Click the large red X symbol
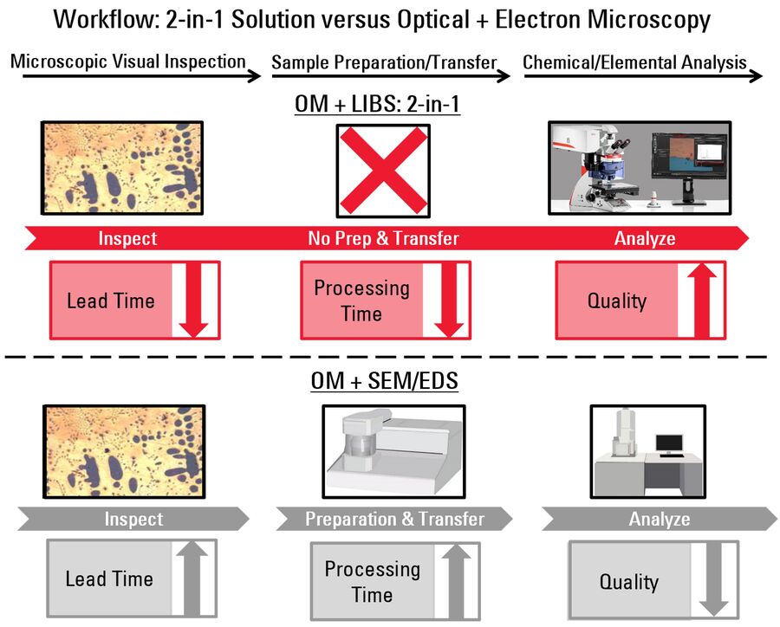click(x=384, y=171)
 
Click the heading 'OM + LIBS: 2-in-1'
click(x=377, y=104)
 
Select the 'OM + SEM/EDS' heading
click(x=385, y=381)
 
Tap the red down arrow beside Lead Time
click(x=194, y=301)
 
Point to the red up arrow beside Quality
click(x=701, y=301)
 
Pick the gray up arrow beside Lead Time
click(x=192, y=578)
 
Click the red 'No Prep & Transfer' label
click(x=383, y=238)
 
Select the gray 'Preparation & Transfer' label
click(x=394, y=519)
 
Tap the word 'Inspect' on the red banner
click(x=127, y=239)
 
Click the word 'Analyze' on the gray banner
click(x=660, y=519)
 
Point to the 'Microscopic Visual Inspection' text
click(x=128, y=61)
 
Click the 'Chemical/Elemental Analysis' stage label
click(x=634, y=62)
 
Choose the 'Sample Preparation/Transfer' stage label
click(x=384, y=62)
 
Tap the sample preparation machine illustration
click(x=393, y=451)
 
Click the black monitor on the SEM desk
click(x=670, y=444)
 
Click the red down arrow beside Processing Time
click(x=449, y=301)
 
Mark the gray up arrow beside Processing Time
click(x=456, y=581)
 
